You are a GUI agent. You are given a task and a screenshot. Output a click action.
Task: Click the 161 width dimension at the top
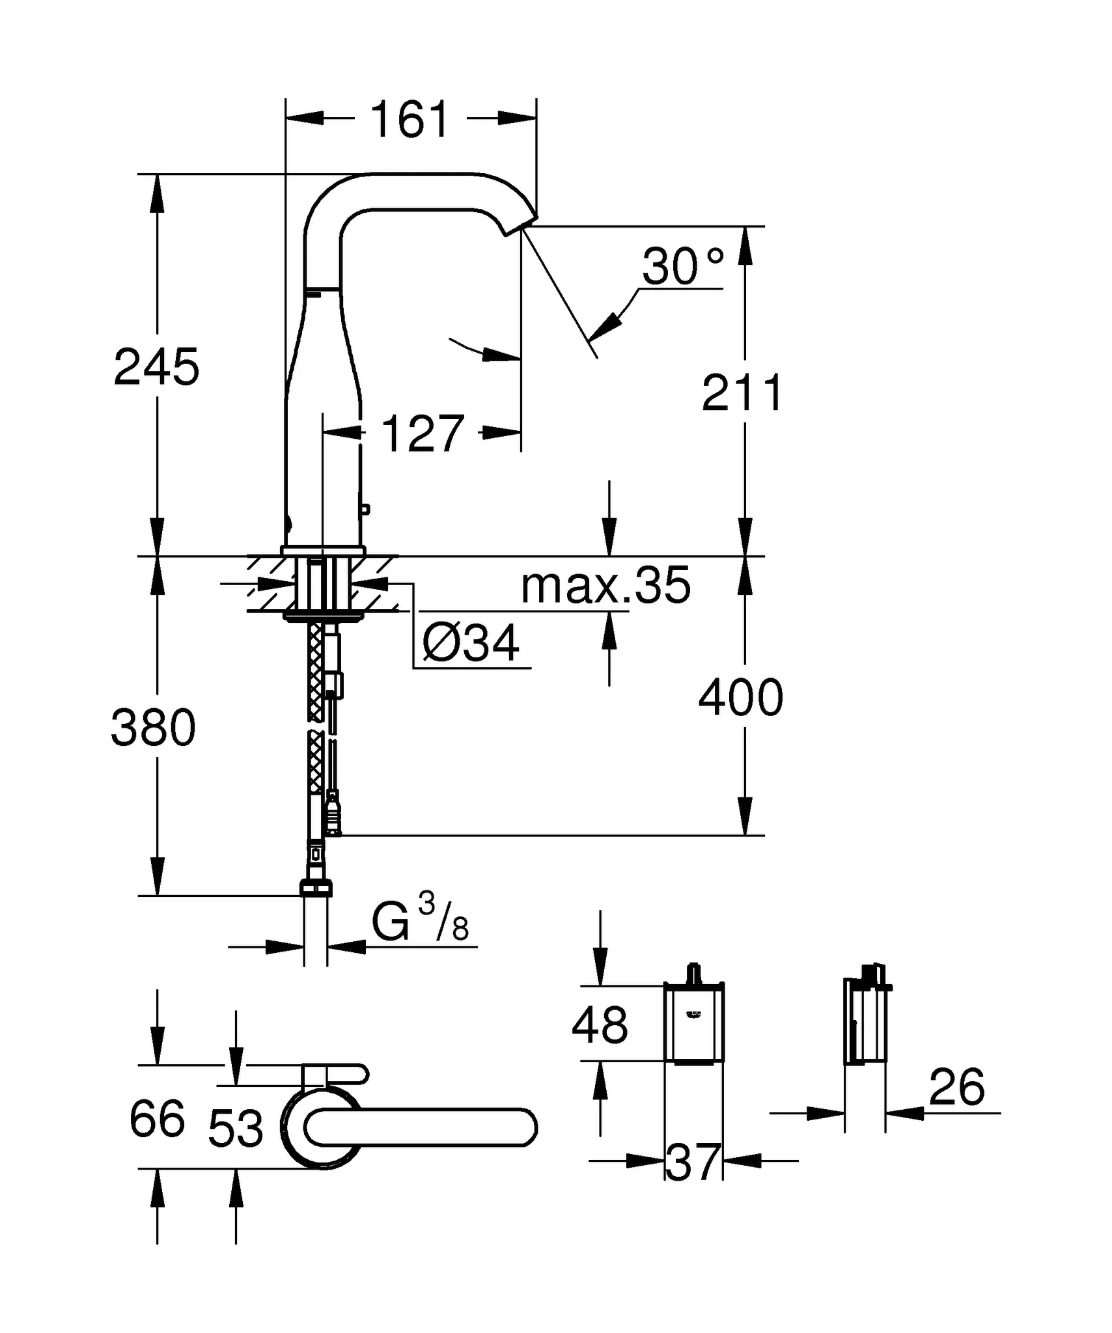pos(410,120)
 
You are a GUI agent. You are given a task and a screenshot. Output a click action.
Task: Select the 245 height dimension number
pos(156,367)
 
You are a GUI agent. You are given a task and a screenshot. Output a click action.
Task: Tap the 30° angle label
pos(682,267)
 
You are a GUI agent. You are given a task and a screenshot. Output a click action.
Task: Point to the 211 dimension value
pos(742,393)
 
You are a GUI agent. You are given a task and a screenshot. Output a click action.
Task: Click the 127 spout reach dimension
pos(422,433)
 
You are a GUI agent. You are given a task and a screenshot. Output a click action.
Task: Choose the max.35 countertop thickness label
pos(605,585)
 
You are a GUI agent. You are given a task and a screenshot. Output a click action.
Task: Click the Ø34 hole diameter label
pos(471,643)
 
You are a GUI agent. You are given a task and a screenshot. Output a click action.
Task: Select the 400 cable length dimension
pos(740,698)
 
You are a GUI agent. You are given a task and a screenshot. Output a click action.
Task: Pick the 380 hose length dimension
pos(153,728)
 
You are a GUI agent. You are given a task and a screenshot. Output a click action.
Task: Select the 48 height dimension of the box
pos(600,1024)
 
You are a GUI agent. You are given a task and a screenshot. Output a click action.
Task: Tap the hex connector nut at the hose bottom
pos(316,888)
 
